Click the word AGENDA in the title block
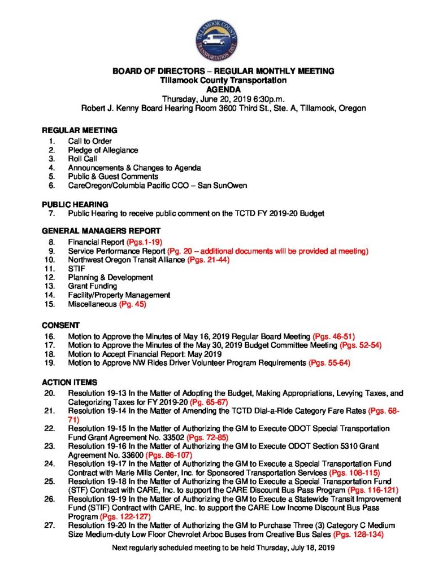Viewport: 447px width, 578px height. click(224, 89)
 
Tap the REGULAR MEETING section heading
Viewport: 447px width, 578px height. click(80, 130)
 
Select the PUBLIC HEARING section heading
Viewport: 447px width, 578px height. click(75, 204)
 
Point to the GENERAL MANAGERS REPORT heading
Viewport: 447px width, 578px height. click(102, 231)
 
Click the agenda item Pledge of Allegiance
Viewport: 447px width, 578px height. click(103, 150)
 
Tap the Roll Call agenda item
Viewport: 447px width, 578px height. click(83, 159)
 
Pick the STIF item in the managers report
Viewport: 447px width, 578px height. click(76, 268)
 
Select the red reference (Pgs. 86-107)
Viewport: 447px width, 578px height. click(170, 454)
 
